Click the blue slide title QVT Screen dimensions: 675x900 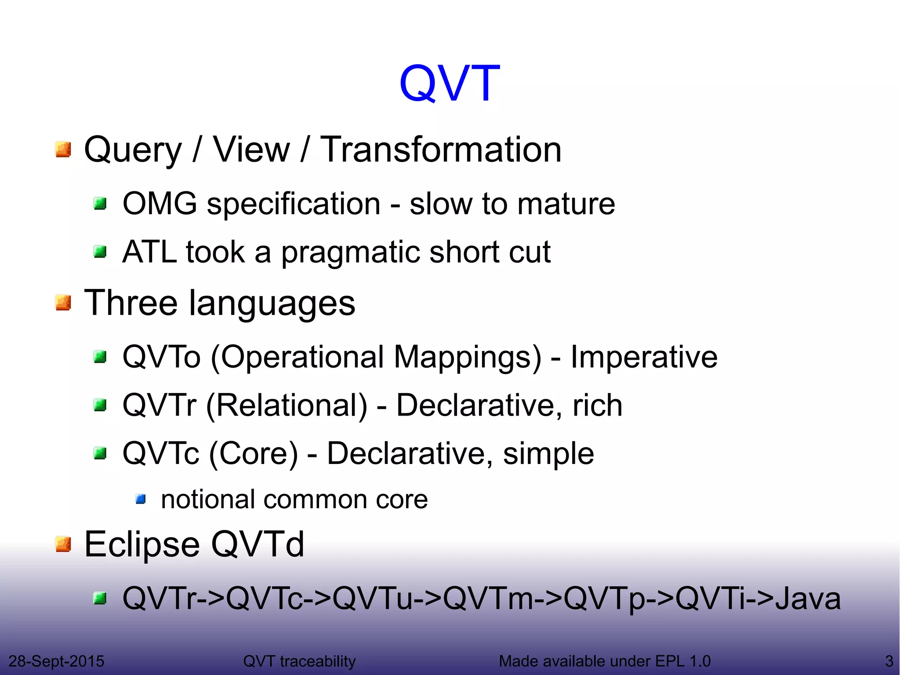click(x=449, y=84)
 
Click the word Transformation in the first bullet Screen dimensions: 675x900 click(x=441, y=150)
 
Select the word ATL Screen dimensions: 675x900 click(x=149, y=252)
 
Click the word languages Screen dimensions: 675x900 click(x=272, y=303)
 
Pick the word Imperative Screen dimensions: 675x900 click(x=644, y=357)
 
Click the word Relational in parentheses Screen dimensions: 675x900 click(x=287, y=405)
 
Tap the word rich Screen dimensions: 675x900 click(x=597, y=405)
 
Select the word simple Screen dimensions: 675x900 click(x=548, y=453)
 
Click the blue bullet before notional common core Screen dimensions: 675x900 click(x=141, y=499)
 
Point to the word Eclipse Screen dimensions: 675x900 click(x=142, y=545)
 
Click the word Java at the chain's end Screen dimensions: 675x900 click(x=808, y=598)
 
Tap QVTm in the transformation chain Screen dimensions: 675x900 click(x=488, y=598)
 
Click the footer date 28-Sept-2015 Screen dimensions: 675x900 click(x=56, y=661)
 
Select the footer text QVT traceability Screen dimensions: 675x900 click(x=299, y=661)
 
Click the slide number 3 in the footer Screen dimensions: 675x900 click(x=889, y=661)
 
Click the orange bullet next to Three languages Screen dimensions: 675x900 click(x=64, y=303)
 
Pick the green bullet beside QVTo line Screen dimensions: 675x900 click(x=101, y=357)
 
